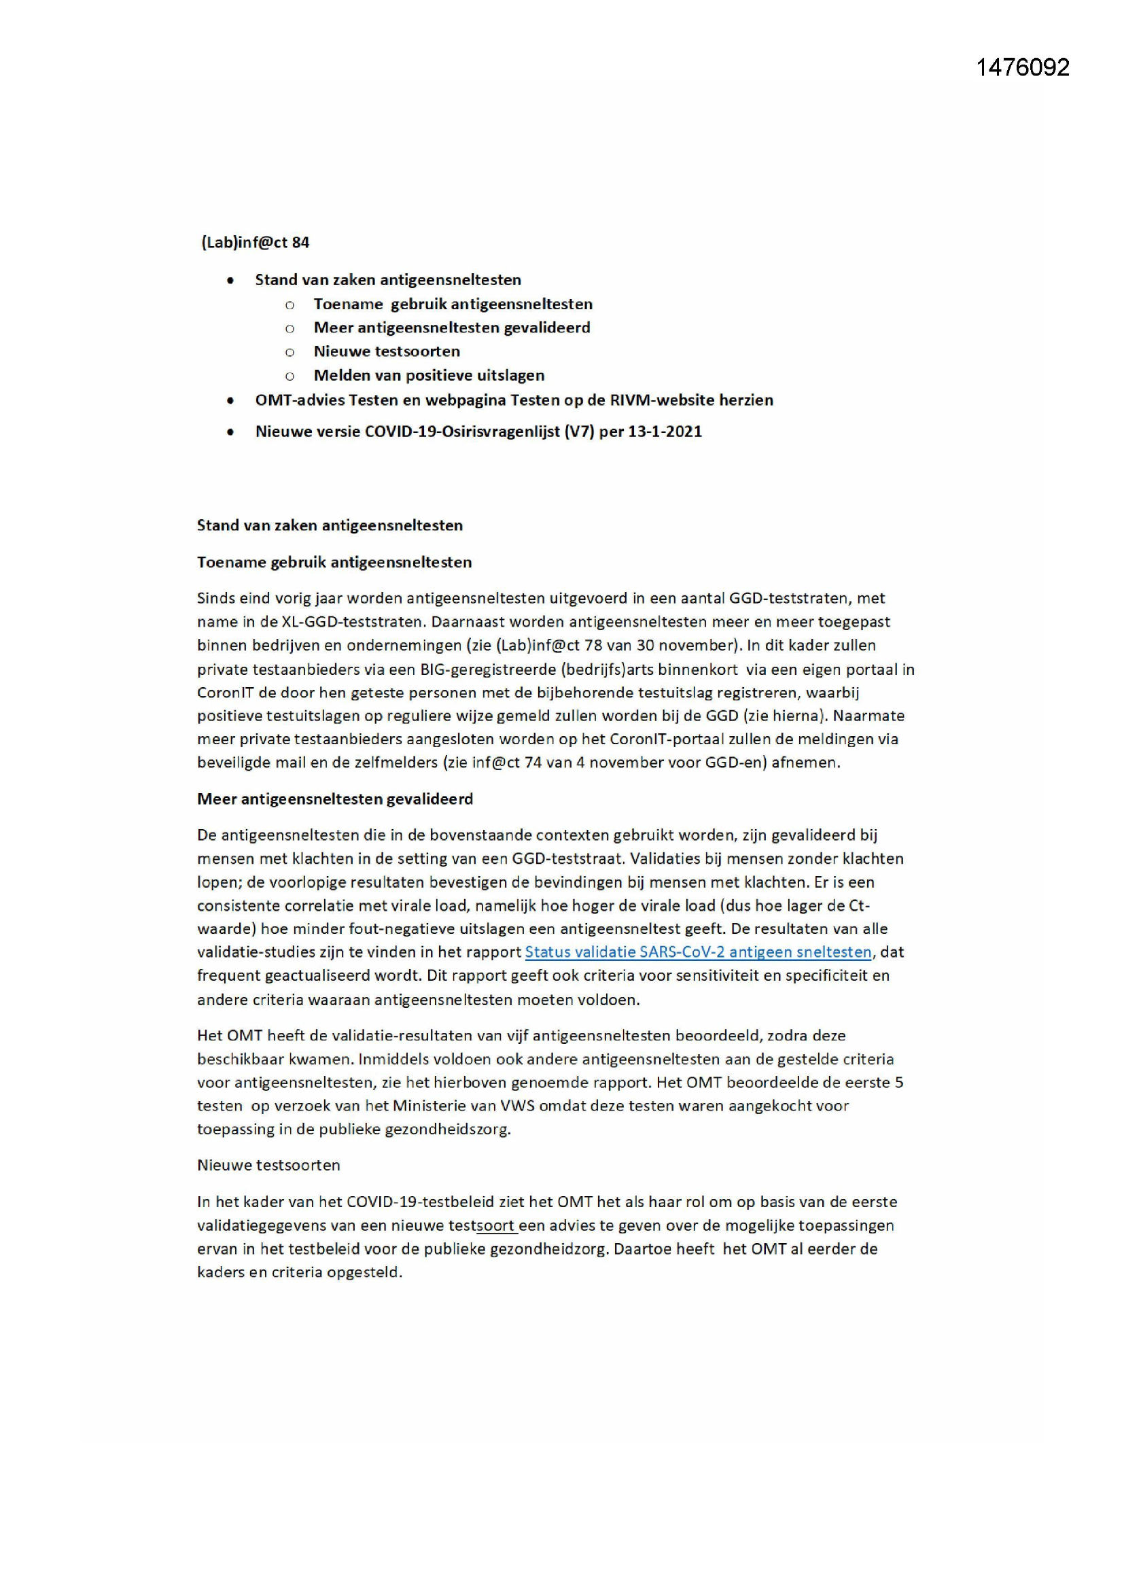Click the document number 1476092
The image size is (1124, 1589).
click(x=1022, y=67)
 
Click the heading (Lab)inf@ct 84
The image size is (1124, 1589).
click(x=255, y=242)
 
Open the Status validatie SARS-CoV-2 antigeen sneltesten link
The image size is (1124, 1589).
click(x=698, y=951)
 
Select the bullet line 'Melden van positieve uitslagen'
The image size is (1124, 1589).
click(x=428, y=375)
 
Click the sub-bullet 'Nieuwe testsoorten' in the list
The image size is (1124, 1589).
click(x=386, y=351)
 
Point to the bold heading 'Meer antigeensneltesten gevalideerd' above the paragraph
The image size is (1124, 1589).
click(x=335, y=799)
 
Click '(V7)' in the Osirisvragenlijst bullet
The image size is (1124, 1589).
click(x=579, y=431)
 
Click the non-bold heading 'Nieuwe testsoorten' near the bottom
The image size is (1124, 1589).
click(x=268, y=1165)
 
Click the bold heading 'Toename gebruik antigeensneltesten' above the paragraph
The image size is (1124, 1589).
click(x=334, y=562)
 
